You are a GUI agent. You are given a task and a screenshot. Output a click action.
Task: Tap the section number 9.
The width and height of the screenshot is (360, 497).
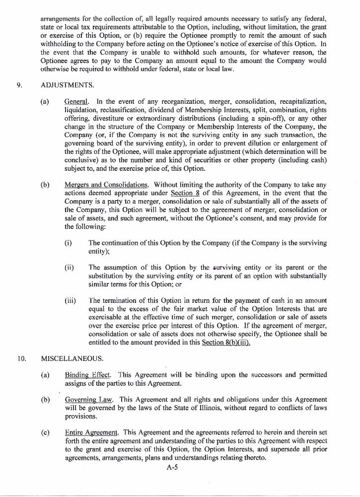[x=19, y=85]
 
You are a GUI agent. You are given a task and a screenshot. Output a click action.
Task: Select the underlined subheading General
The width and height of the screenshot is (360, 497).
[x=76, y=102]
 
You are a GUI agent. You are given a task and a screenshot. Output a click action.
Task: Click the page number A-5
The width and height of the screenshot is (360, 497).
[x=172, y=467]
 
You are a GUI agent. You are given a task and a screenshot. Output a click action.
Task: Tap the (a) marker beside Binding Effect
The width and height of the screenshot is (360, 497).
[x=45, y=375]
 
